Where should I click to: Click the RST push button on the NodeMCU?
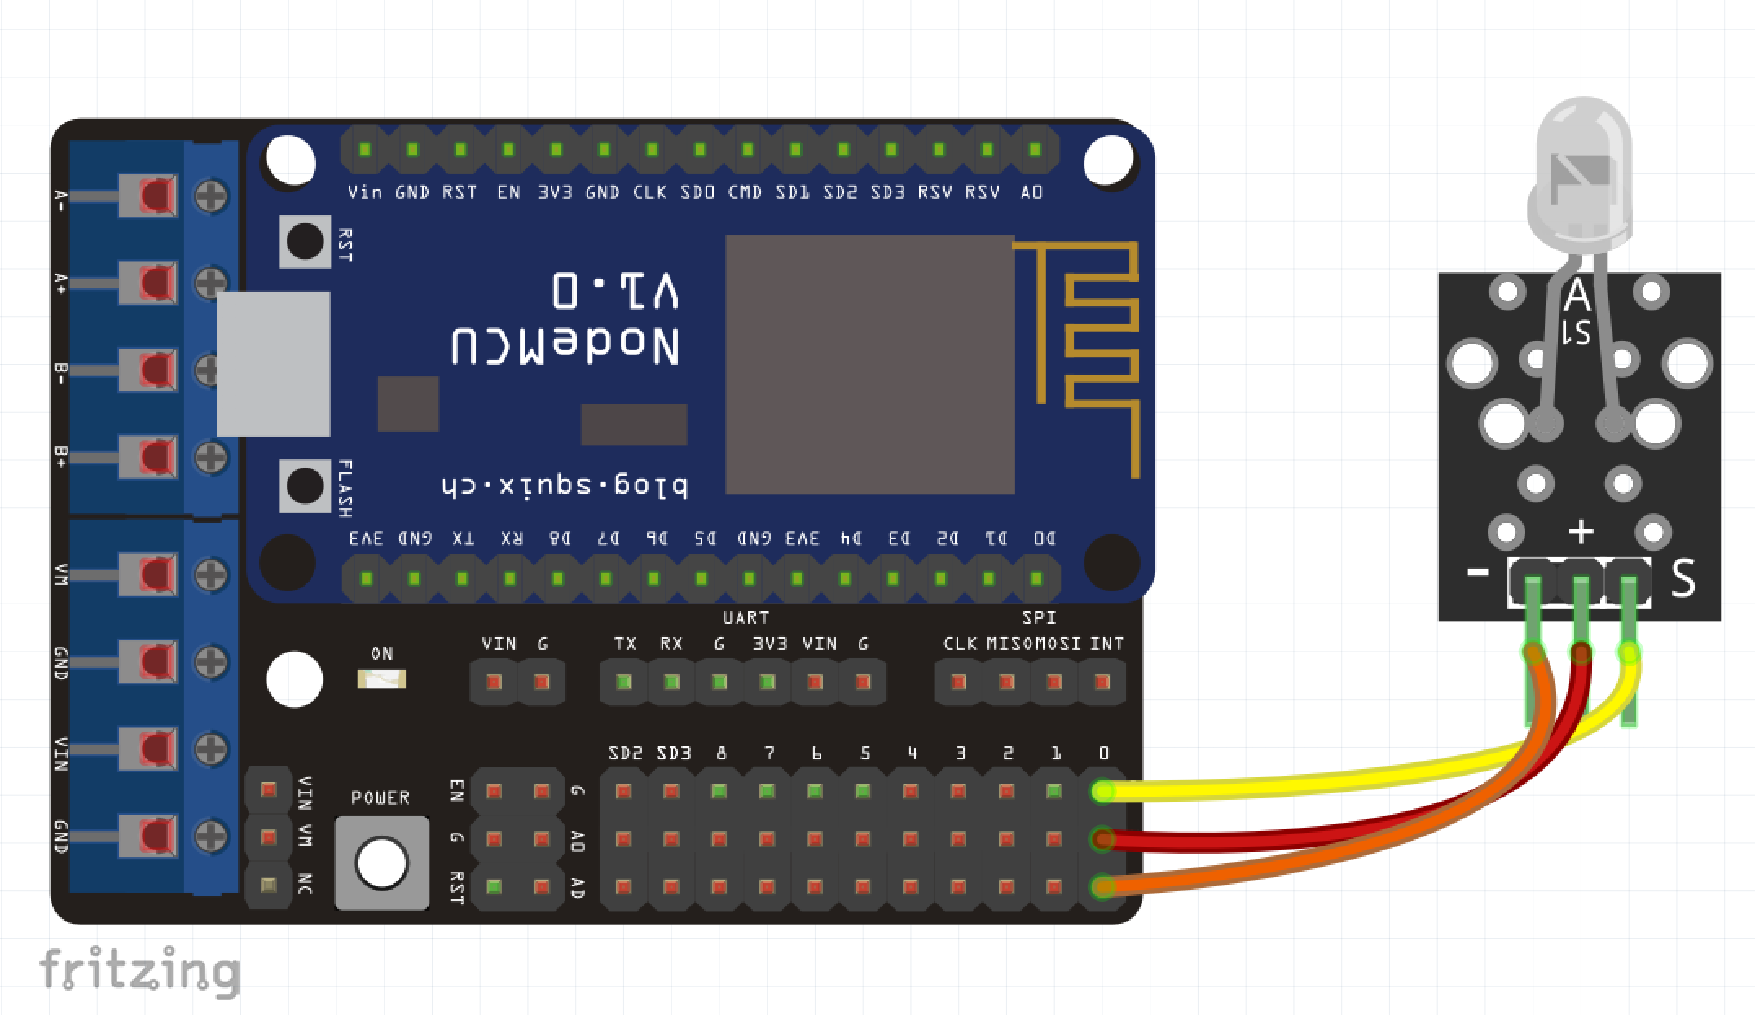point(305,241)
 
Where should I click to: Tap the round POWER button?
point(381,863)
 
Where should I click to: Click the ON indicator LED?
point(381,679)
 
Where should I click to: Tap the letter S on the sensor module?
point(1682,579)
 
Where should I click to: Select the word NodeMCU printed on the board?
point(565,347)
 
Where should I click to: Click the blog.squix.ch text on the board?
point(565,487)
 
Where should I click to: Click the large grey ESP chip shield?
point(869,364)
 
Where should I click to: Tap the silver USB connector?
point(273,363)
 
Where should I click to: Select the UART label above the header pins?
point(745,617)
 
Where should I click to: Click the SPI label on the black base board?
point(1038,617)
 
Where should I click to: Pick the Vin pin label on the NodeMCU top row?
point(364,192)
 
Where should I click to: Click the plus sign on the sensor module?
point(1581,532)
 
